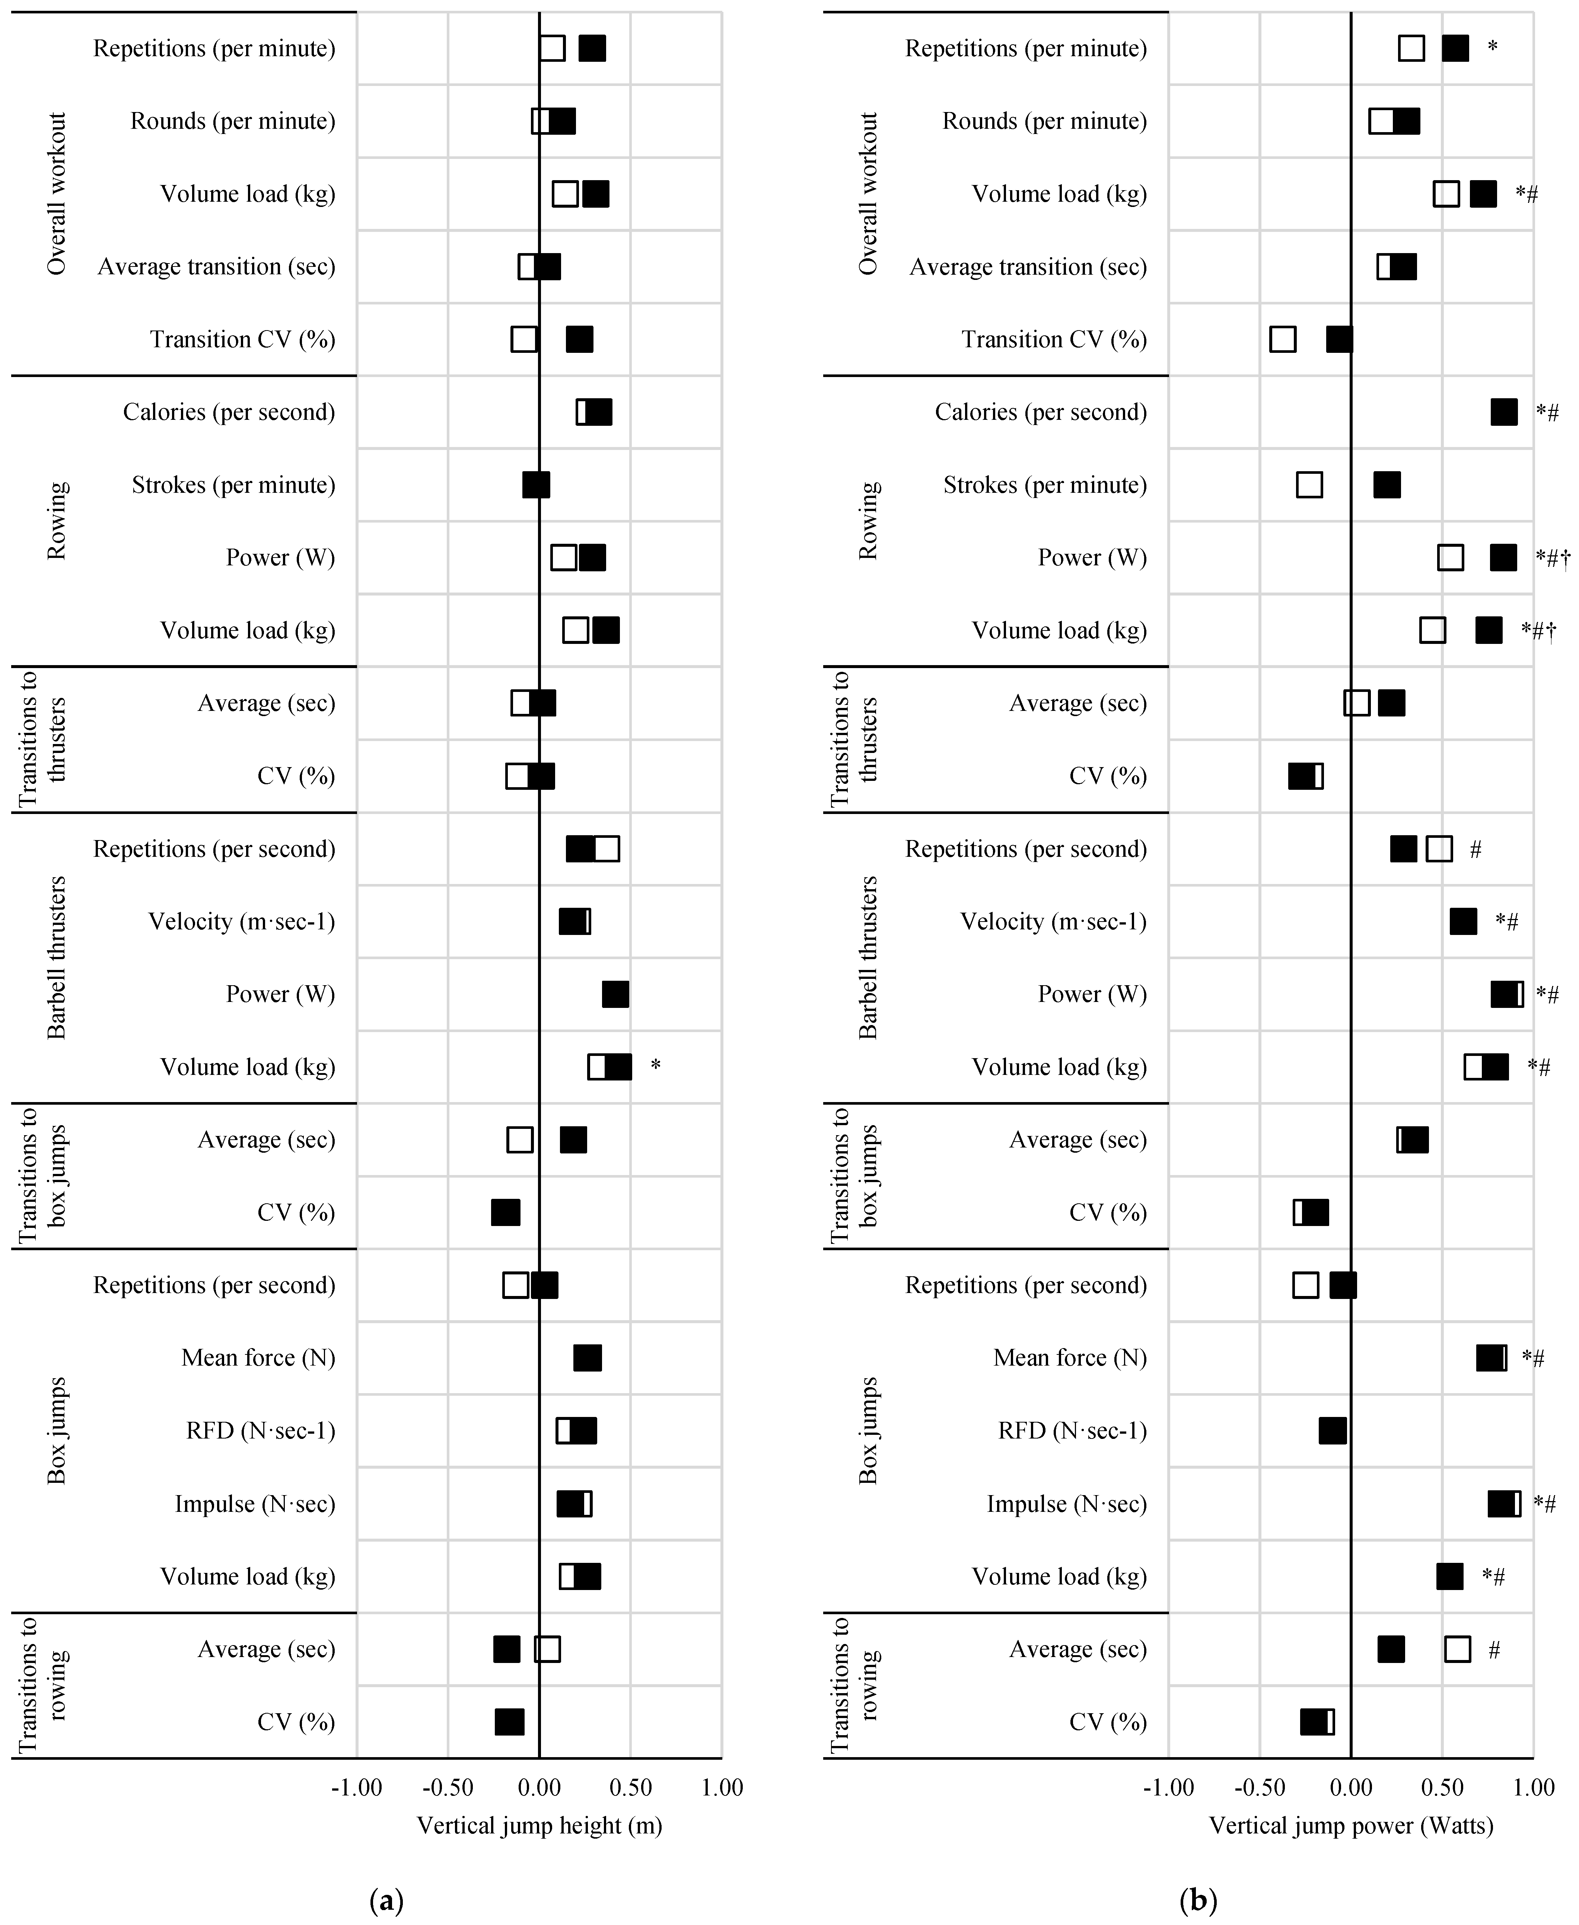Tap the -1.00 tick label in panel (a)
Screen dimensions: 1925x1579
357,1788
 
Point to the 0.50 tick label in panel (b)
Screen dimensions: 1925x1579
1443,1788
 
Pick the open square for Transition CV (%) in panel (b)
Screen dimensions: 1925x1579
1283,339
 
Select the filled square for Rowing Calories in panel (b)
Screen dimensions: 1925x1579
1503,412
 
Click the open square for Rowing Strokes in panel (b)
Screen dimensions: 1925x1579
1309,485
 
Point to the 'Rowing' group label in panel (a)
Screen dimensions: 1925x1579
56,521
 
